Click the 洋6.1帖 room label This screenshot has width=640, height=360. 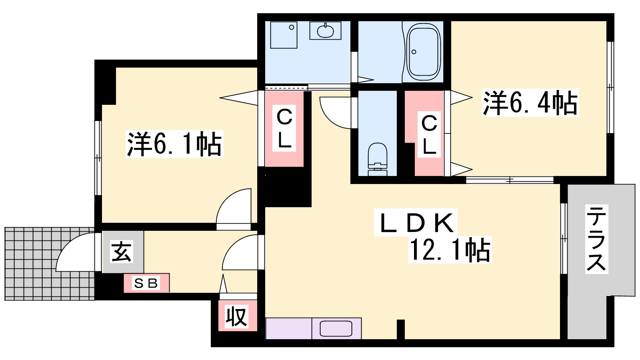point(174,144)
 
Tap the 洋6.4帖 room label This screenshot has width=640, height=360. point(530,103)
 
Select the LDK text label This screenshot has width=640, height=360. point(416,222)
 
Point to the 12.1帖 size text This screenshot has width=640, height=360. point(450,250)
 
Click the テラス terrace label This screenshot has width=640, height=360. point(596,239)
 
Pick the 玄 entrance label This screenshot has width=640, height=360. point(122,252)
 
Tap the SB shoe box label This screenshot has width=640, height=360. point(146,283)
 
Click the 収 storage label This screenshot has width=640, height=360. point(236,316)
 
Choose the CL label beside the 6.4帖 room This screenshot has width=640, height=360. point(429,134)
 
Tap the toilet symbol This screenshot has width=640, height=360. point(378,159)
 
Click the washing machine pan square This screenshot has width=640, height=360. point(284,35)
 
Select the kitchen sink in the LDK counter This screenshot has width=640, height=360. point(336,328)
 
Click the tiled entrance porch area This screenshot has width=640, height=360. point(50,264)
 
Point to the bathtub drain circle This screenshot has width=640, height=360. point(414,52)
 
